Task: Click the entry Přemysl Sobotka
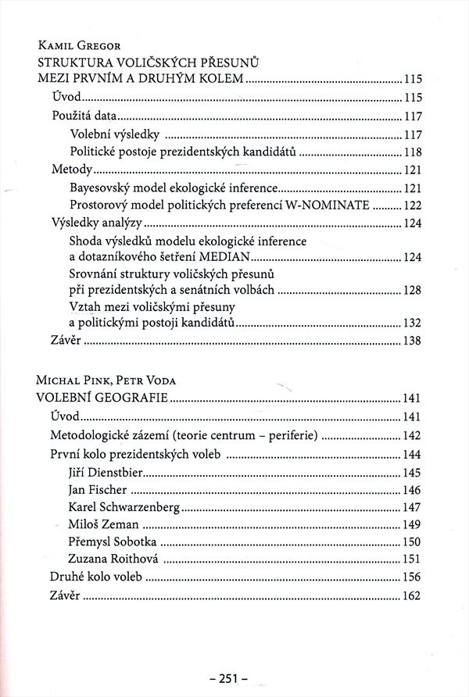click(113, 542)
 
